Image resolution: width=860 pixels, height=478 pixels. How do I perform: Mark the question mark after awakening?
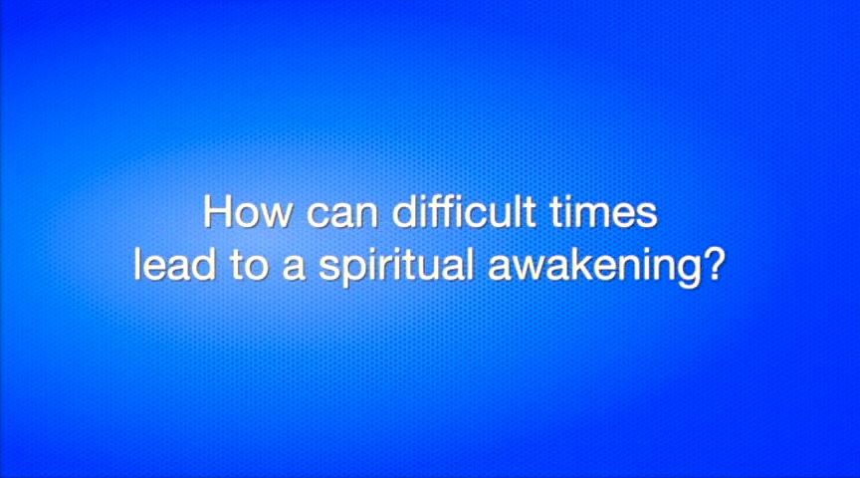pyautogui.click(x=710, y=265)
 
